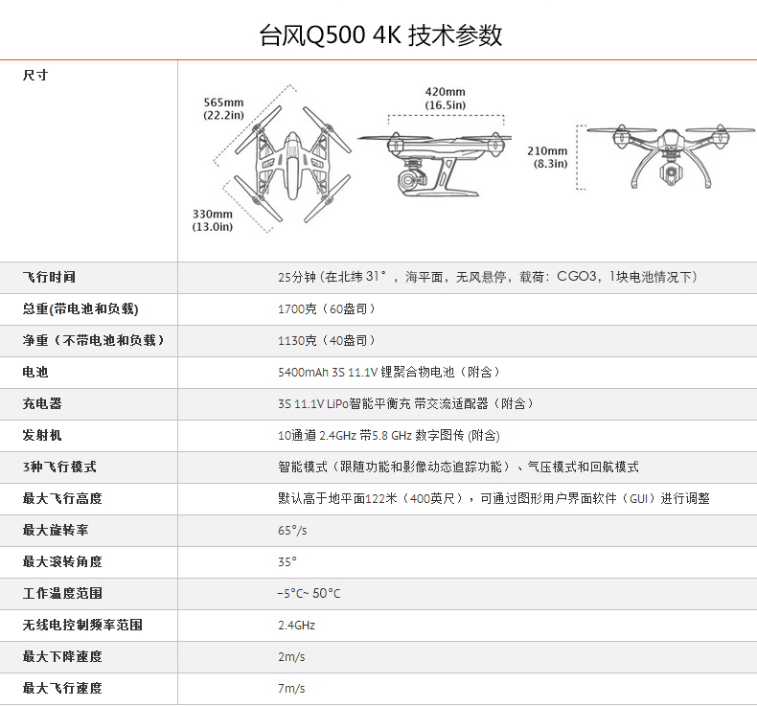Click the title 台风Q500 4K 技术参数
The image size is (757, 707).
pyautogui.click(x=380, y=35)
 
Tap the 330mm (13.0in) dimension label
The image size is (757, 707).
pyautogui.click(x=213, y=219)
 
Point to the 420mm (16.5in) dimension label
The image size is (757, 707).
pyautogui.click(x=446, y=98)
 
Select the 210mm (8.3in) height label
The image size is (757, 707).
pyautogui.click(x=547, y=156)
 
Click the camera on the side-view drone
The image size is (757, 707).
pyautogui.click(x=410, y=179)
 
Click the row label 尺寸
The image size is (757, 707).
pyautogui.click(x=35, y=75)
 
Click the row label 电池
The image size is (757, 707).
pyautogui.click(x=35, y=372)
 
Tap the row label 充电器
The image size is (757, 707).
pyautogui.click(x=42, y=403)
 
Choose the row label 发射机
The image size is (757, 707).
pyautogui.click(x=42, y=435)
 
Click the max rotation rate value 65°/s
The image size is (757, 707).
pyautogui.click(x=292, y=530)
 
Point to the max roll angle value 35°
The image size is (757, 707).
pyautogui.click(x=287, y=561)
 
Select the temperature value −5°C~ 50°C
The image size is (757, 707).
pyautogui.click(x=309, y=593)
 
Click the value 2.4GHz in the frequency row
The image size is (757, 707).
pyautogui.click(x=296, y=625)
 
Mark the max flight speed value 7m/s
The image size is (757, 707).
pyautogui.click(x=291, y=688)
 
